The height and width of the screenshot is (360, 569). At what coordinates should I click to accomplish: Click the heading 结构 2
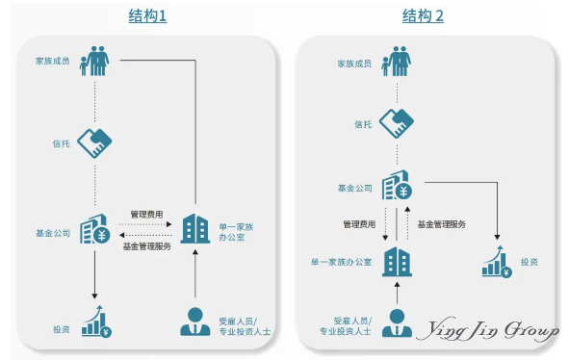coord(424,16)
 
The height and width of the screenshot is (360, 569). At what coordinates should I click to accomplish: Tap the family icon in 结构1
coord(94,60)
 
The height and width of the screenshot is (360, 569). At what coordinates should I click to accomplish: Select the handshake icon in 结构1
coord(94,143)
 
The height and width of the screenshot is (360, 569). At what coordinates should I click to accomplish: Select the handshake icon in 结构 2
coord(396,123)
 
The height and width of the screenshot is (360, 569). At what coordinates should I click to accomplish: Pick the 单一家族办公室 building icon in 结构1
coord(195,229)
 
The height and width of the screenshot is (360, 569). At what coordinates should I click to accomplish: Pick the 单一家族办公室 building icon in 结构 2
coord(397,261)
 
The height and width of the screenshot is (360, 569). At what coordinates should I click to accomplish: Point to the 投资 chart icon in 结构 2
coord(497,261)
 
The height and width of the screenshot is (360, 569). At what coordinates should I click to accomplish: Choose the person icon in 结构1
coord(195,321)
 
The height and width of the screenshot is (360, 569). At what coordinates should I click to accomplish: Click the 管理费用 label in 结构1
coord(148,214)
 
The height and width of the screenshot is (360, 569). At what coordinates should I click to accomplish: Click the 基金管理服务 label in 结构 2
coord(441,224)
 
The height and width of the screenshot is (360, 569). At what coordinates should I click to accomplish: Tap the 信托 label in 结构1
coord(61,144)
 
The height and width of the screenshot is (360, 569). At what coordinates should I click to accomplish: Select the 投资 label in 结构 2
coord(530,262)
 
